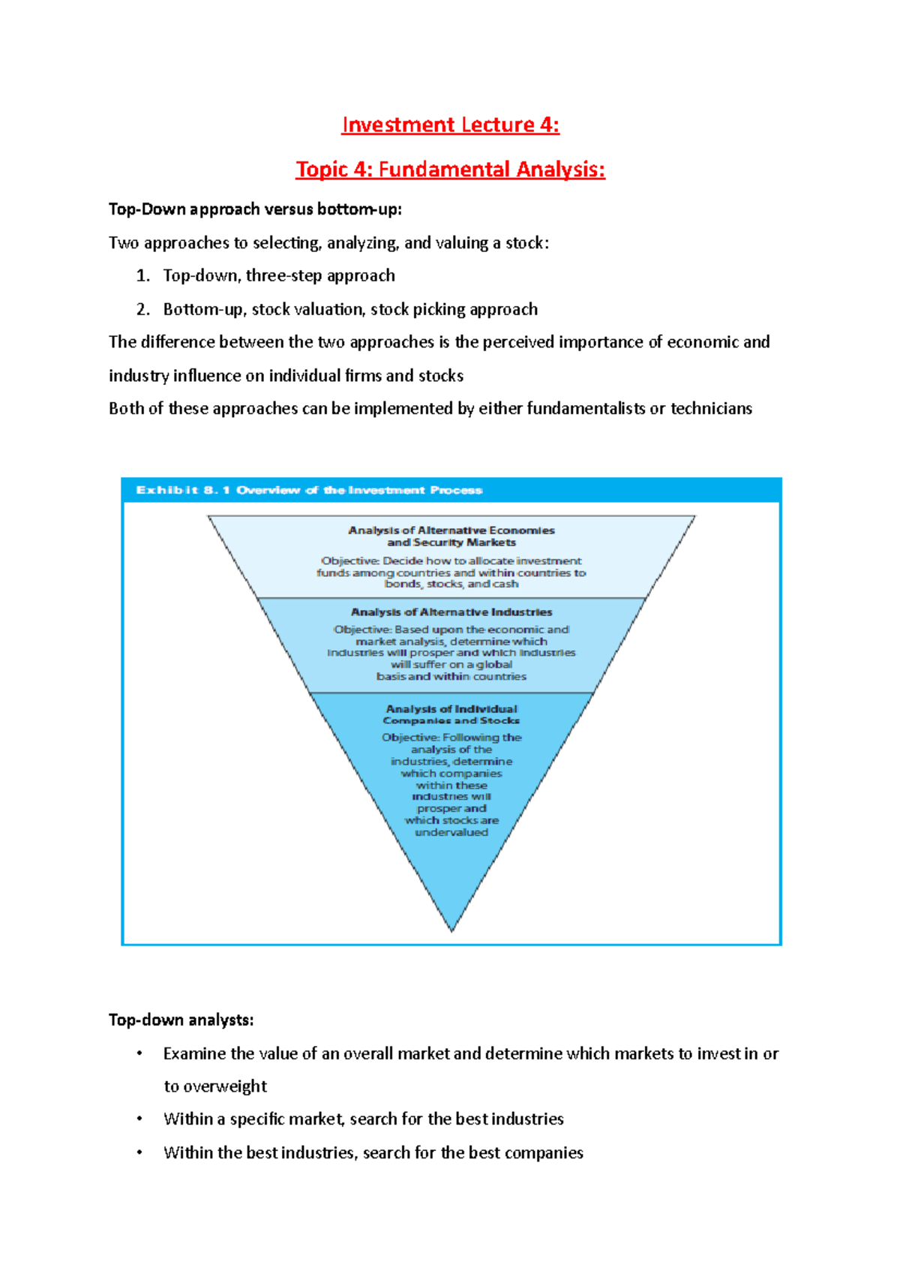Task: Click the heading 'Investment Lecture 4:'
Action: click(450, 125)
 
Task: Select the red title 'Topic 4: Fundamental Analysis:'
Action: click(450, 170)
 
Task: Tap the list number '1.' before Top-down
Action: click(143, 276)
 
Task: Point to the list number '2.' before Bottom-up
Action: click(143, 309)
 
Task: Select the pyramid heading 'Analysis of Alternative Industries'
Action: click(451, 612)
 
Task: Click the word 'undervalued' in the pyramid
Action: click(451, 832)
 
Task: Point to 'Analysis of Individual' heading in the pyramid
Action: click(451, 708)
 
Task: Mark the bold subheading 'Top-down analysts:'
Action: click(181, 1020)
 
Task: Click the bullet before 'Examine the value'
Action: click(139, 1053)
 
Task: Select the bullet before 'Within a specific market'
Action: click(139, 1119)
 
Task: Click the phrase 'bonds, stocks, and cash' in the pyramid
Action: click(451, 584)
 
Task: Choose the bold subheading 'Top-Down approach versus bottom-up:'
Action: click(255, 209)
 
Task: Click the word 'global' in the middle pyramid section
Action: click(494, 664)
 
